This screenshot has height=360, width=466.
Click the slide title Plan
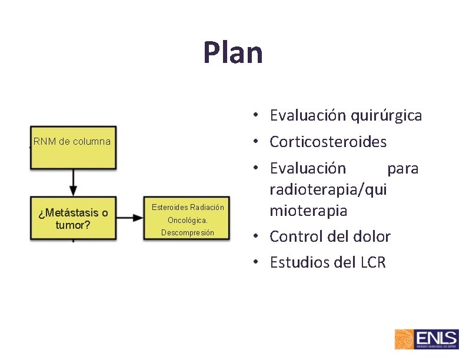click(x=233, y=52)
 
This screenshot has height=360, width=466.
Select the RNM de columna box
click(x=72, y=146)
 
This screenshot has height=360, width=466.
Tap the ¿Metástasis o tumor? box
click(x=72, y=218)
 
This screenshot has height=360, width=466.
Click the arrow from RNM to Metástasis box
click(x=73, y=182)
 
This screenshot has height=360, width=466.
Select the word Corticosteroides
click(x=328, y=142)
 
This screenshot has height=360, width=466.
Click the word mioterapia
click(x=308, y=211)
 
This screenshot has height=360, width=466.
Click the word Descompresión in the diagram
click(x=188, y=233)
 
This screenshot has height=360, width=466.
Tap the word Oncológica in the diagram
click(x=188, y=221)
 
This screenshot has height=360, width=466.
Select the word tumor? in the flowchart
click(x=72, y=224)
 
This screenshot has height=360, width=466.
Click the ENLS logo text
click(x=436, y=338)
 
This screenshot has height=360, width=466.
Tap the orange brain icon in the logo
click(x=404, y=340)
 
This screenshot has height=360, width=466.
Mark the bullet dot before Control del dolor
click(x=258, y=237)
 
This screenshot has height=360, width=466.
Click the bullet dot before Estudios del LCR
click(x=258, y=263)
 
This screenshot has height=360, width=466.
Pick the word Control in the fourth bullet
click(x=296, y=236)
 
